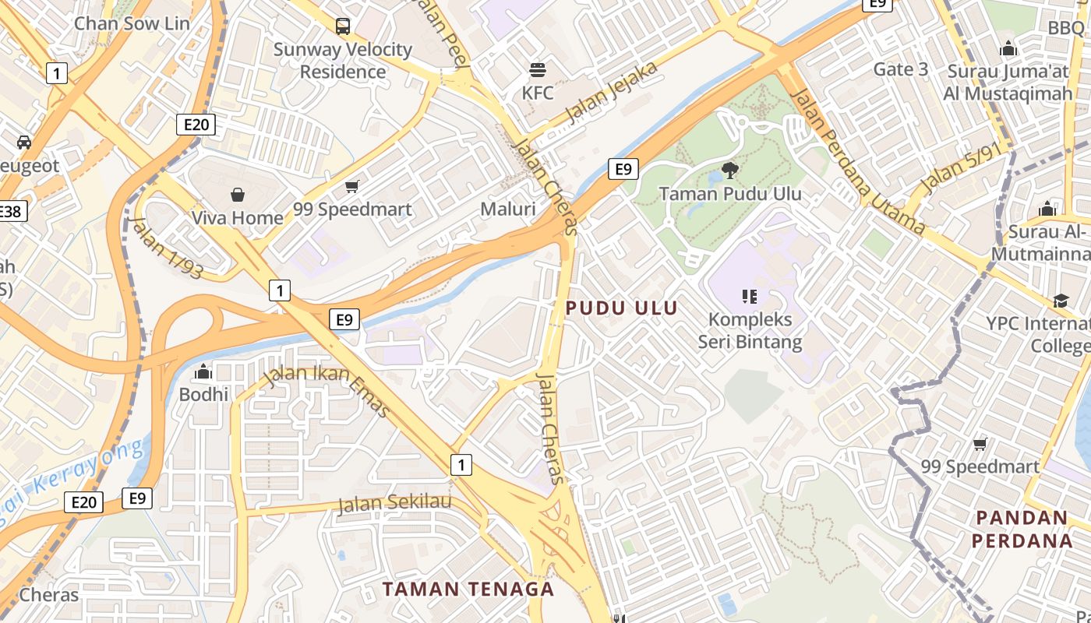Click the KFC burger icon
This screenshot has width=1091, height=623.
pos(537,70)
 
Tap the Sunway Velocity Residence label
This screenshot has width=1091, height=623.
pos(343,61)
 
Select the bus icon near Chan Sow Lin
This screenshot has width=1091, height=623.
pos(343,26)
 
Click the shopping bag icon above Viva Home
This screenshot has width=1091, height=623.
pos(238,194)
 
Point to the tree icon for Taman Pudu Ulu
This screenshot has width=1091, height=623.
pos(730,169)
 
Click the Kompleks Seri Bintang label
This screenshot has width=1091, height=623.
pos(750,330)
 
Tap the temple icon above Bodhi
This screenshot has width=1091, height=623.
pos(204,371)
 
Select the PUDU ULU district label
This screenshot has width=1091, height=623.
pos(621,308)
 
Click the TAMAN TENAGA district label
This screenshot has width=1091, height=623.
pos(468,589)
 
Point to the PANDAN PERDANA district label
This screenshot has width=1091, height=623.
pos(1024,529)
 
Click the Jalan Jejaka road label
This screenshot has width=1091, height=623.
pos(612,93)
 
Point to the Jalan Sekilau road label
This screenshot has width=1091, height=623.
pos(394,502)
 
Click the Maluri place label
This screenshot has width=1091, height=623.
pos(508,209)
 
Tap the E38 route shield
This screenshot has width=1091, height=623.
pos(11,211)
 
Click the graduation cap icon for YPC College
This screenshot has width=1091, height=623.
pos(1061,301)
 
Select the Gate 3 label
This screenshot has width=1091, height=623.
pos(900,69)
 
